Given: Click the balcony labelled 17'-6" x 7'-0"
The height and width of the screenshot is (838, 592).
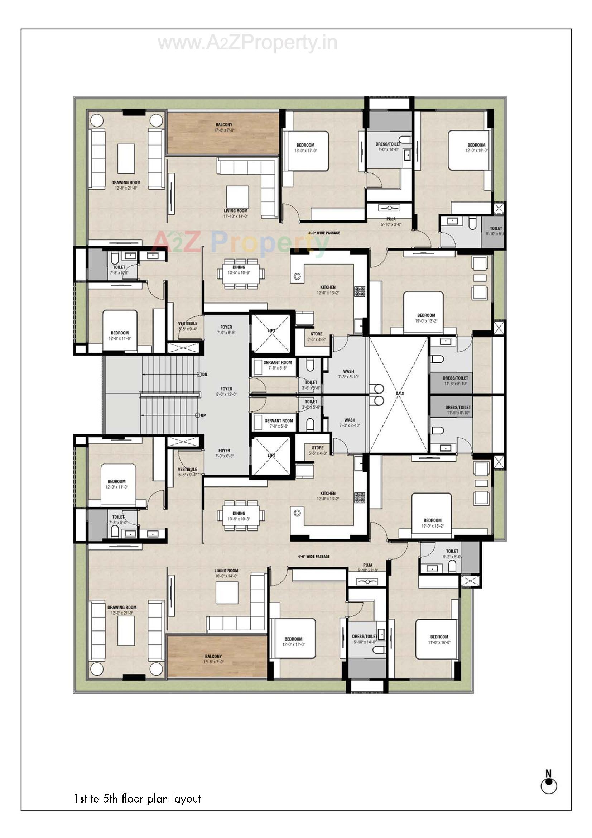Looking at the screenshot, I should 223,133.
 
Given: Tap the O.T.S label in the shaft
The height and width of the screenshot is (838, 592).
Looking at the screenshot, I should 399,394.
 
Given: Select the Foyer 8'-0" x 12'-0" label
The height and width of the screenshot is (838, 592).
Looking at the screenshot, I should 226,392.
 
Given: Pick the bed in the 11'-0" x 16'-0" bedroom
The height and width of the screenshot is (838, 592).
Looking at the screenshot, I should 437,639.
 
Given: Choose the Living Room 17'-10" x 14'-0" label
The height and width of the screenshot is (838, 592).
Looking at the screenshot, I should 235,214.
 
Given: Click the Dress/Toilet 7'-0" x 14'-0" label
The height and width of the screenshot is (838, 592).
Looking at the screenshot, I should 388,147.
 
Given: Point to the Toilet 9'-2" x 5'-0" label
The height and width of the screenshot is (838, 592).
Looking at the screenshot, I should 452,554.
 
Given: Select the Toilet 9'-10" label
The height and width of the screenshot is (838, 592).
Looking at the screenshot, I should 495,231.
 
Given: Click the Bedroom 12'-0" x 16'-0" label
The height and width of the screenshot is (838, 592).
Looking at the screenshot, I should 476,147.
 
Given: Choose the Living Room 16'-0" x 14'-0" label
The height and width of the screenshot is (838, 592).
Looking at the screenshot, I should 226,573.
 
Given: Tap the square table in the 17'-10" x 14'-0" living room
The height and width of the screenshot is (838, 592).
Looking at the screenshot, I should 237,197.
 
